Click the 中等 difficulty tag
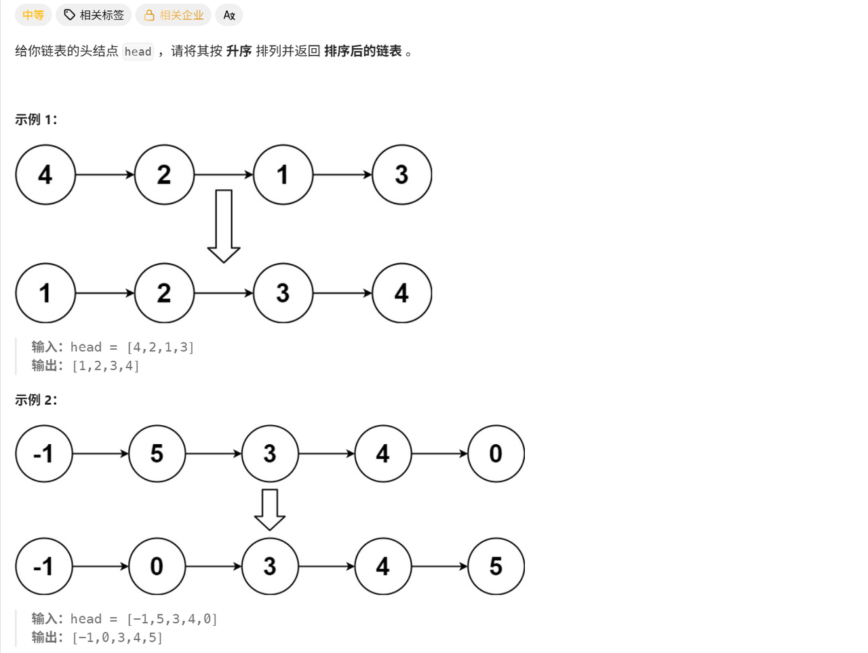coord(33,15)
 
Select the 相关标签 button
coord(94,15)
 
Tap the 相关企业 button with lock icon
coord(174,15)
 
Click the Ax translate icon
coord(229,15)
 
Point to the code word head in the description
coord(138,52)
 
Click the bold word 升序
coord(239,51)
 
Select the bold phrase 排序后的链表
coord(363,51)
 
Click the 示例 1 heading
coord(36,119)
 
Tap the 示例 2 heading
coord(36,400)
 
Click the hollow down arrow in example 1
coord(224,226)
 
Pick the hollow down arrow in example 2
coord(270,509)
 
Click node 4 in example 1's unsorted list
coord(45,175)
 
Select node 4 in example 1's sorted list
coord(401,293)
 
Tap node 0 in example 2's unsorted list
coord(496,454)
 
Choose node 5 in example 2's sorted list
coord(496,566)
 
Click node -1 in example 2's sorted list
coord(44,566)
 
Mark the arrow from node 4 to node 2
coord(105,175)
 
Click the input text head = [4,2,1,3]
coord(132,347)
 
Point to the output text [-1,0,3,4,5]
coord(117,637)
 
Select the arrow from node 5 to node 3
coord(214,454)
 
